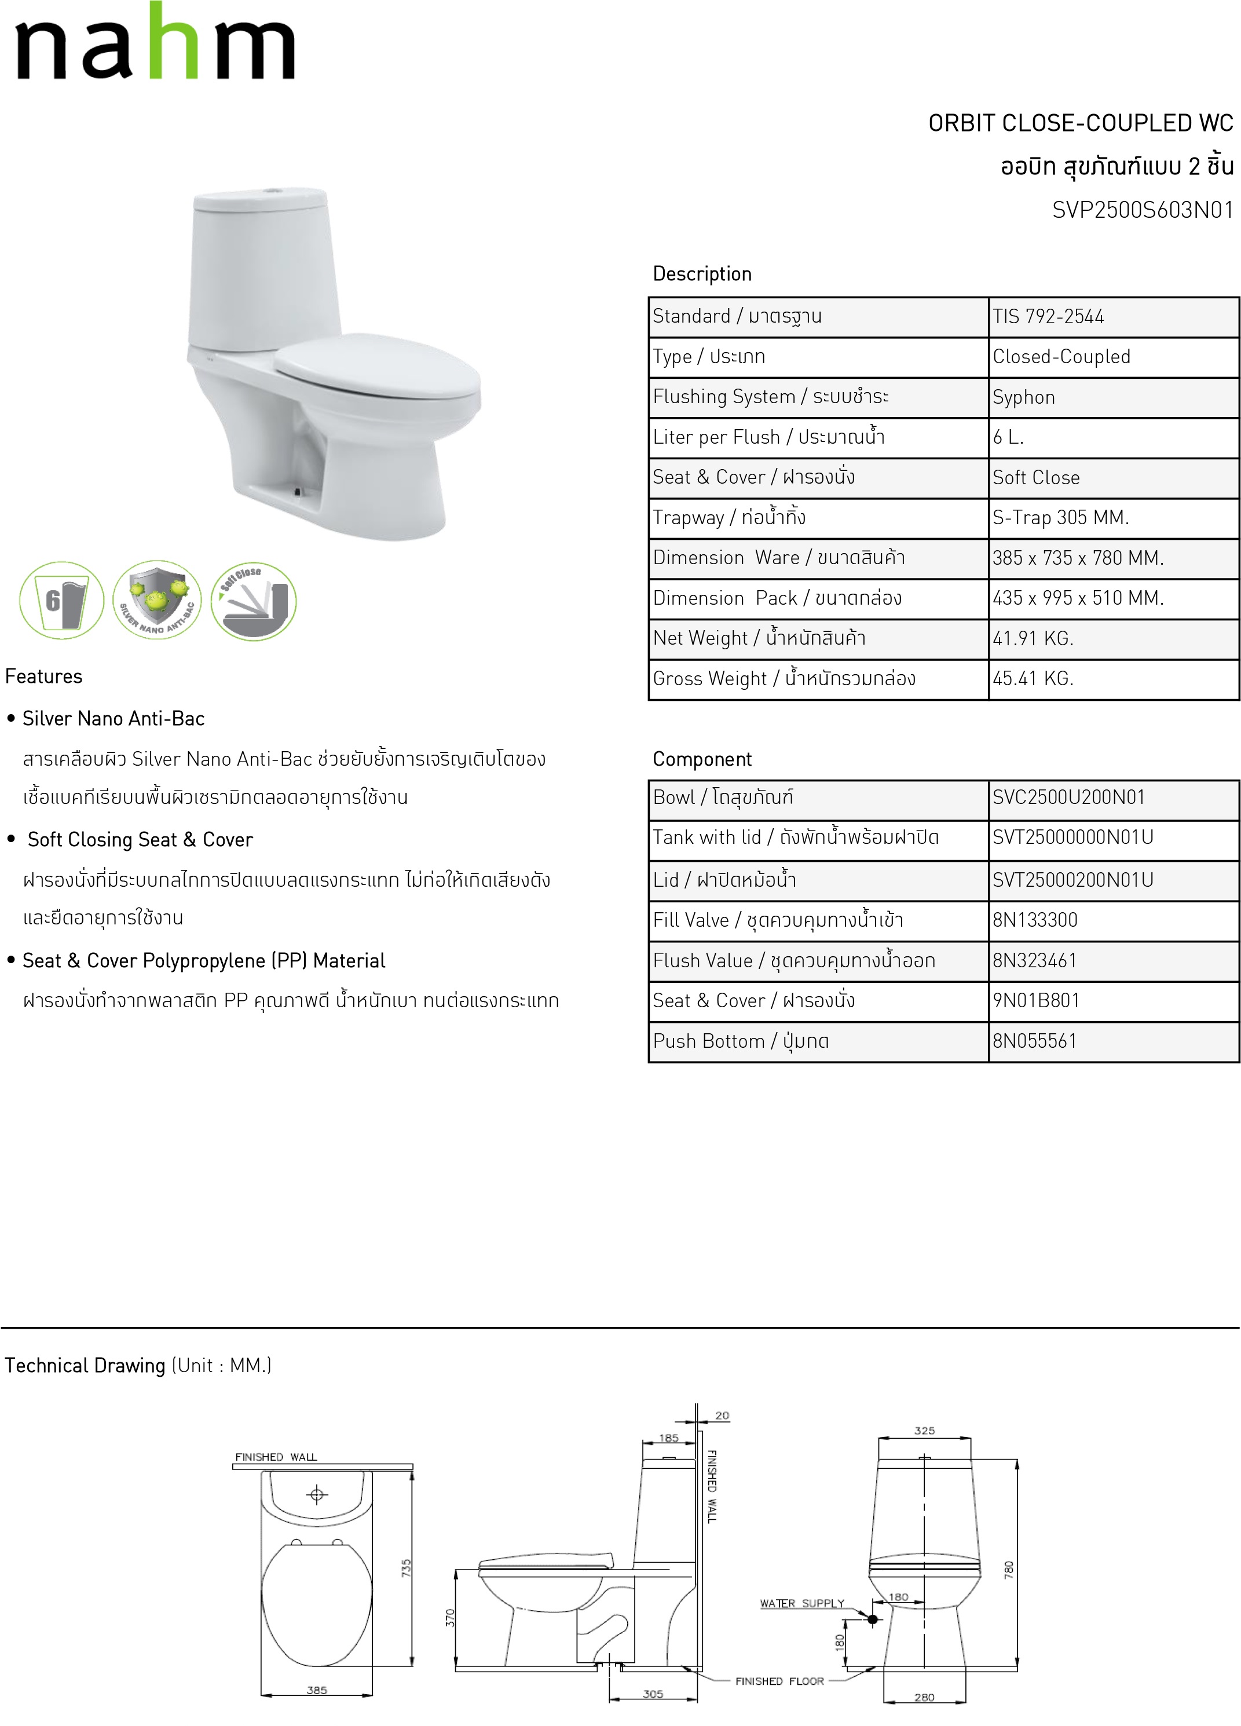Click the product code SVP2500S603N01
point(1142,210)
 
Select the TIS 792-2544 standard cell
point(1048,317)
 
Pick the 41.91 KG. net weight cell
point(1033,638)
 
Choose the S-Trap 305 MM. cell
point(1060,517)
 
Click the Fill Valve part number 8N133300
point(1035,920)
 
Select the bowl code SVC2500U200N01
point(1068,798)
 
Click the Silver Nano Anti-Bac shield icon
point(158,599)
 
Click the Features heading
point(43,676)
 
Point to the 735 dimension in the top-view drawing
point(407,1568)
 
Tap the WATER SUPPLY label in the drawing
point(802,1603)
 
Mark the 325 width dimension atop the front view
point(924,1431)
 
